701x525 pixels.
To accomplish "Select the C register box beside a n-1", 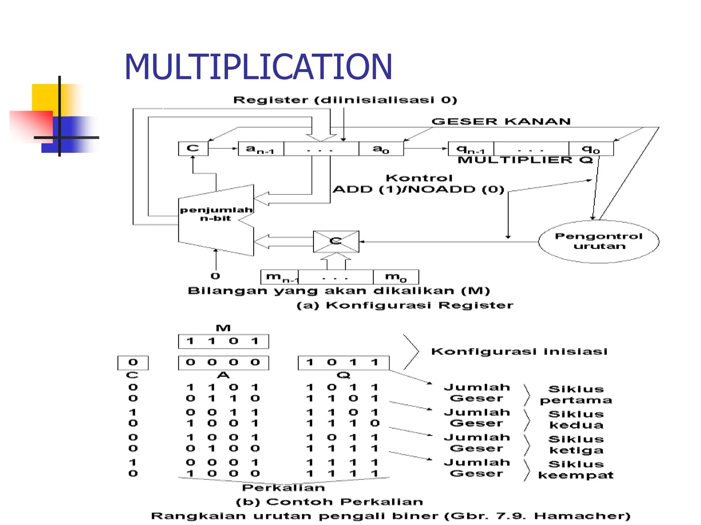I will (193, 148).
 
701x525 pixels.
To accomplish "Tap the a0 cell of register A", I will (381, 149).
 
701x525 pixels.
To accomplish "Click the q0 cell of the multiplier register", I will (591, 149).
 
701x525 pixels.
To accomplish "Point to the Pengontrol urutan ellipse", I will (598, 241).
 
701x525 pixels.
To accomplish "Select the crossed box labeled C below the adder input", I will (336, 241).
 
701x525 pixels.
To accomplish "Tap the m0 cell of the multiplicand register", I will (396, 277).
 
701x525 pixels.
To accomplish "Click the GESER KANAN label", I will (501, 121).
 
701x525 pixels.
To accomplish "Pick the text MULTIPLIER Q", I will (525, 160).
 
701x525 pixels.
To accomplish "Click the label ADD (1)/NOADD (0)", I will (418, 189).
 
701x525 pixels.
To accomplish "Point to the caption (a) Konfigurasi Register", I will (405, 305).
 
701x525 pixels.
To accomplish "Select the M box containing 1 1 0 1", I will (223, 341).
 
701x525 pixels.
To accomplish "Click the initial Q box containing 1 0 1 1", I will (343, 362).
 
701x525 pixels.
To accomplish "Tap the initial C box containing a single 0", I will (133, 362).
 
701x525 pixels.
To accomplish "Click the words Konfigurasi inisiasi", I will (519, 351).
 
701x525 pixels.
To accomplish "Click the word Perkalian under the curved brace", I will (283, 488).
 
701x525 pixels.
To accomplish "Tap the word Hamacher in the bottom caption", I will (582, 516).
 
